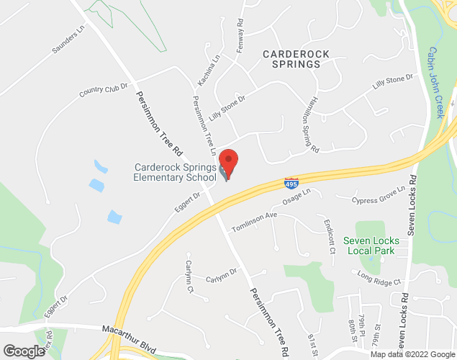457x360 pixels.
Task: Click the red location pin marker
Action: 228,161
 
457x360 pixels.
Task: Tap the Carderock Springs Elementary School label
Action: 175,172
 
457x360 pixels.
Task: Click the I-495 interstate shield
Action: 291,183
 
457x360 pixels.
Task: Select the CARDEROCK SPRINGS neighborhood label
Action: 291,59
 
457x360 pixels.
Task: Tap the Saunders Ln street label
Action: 68,40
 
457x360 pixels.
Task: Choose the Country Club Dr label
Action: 103,89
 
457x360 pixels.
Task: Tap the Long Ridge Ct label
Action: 380,277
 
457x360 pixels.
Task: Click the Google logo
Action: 24,351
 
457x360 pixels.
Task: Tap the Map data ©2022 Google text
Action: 412,354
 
